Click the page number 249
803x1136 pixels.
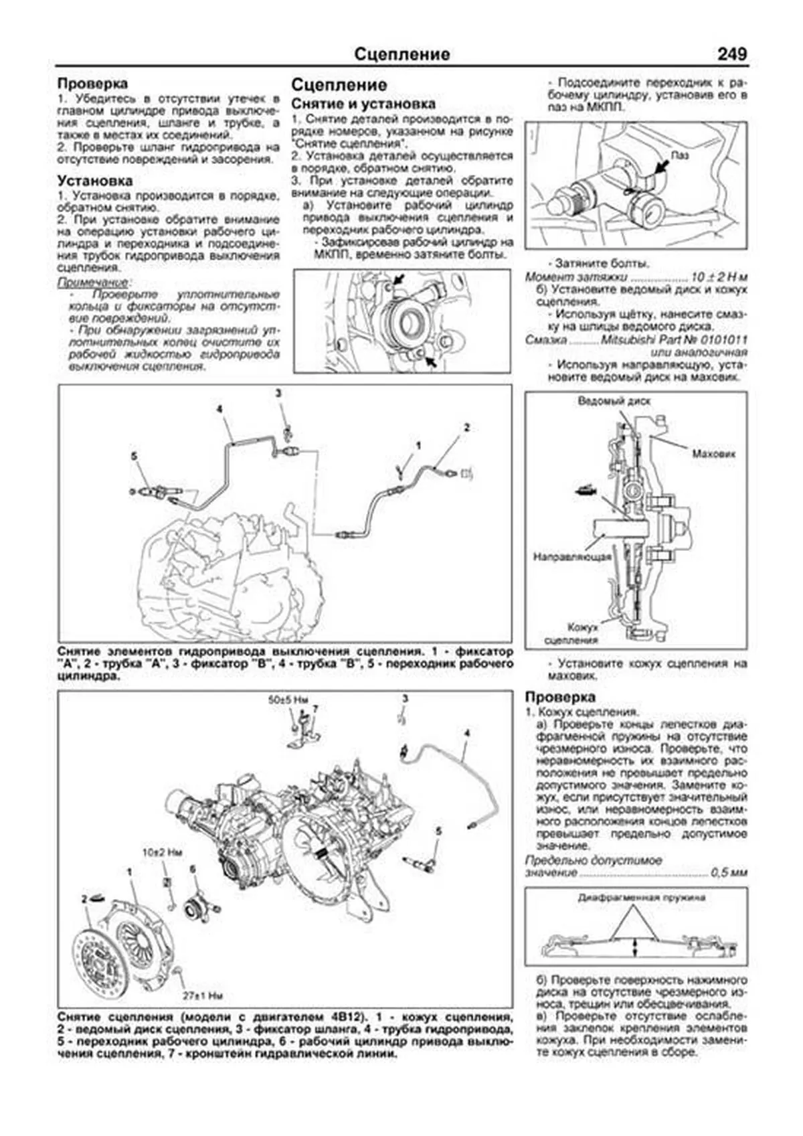pyautogui.click(x=731, y=54)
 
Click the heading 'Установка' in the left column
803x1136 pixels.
pyautogui.click(x=94, y=181)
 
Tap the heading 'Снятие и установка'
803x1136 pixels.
pyautogui.click(x=363, y=104)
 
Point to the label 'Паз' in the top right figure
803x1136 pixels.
pyautogui.click(x=680, y=155)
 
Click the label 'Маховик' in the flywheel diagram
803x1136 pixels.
pyautogui.click(x=713, y=453)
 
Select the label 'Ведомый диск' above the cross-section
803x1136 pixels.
pyautogui.click(x=614, y=401)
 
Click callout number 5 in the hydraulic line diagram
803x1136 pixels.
pyautogui.click(x=134, y=456)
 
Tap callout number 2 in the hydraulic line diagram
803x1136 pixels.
pyautogui.click(x=467, y=426)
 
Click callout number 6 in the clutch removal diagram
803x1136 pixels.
pyautogui.click(x=192, y=869)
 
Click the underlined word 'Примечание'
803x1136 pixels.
pyautogui.click(x=92, y=282)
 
